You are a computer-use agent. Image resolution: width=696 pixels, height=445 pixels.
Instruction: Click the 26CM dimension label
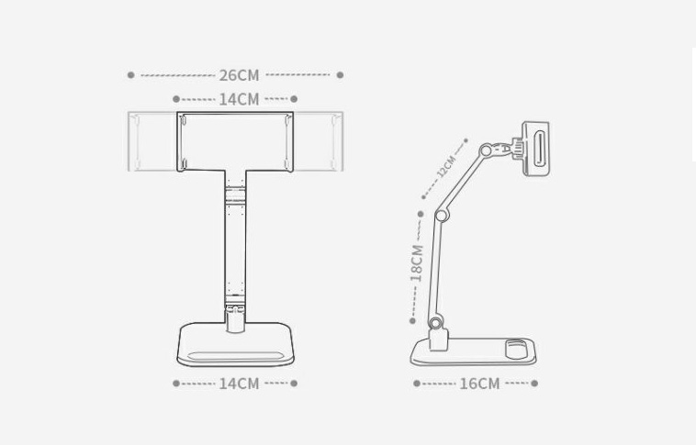point(239,75)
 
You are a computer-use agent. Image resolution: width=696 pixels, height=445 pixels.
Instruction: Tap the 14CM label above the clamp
point(239,99)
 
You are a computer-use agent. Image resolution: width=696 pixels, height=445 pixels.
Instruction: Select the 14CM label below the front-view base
point(239,384)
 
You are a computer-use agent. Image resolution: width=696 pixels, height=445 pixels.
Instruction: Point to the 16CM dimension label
point(479,384)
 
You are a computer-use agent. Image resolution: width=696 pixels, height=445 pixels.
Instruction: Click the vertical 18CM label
point(417,261)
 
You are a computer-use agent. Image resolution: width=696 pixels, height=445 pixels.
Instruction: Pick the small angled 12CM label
point(446,168)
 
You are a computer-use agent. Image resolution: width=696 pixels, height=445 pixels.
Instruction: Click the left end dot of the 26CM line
point(131,75)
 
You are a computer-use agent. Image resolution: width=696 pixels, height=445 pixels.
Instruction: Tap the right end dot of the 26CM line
point(340,75)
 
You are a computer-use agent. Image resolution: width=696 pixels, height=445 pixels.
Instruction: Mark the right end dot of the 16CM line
point(534,384)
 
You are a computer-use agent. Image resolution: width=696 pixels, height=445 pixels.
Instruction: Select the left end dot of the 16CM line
point(417,384)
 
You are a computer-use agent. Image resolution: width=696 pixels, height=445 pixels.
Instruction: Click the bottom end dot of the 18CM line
point(412,320)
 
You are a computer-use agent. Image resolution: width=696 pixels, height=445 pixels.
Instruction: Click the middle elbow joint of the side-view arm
point(442,216)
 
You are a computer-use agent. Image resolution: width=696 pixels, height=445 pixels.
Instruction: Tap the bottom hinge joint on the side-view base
point(436,324)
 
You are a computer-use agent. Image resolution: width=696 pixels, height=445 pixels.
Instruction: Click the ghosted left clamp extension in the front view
point(152,141)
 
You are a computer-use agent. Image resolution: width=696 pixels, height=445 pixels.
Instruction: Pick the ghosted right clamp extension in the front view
point(319,141)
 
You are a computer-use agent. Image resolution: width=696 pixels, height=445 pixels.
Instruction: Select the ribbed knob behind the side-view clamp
point(517,147)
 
